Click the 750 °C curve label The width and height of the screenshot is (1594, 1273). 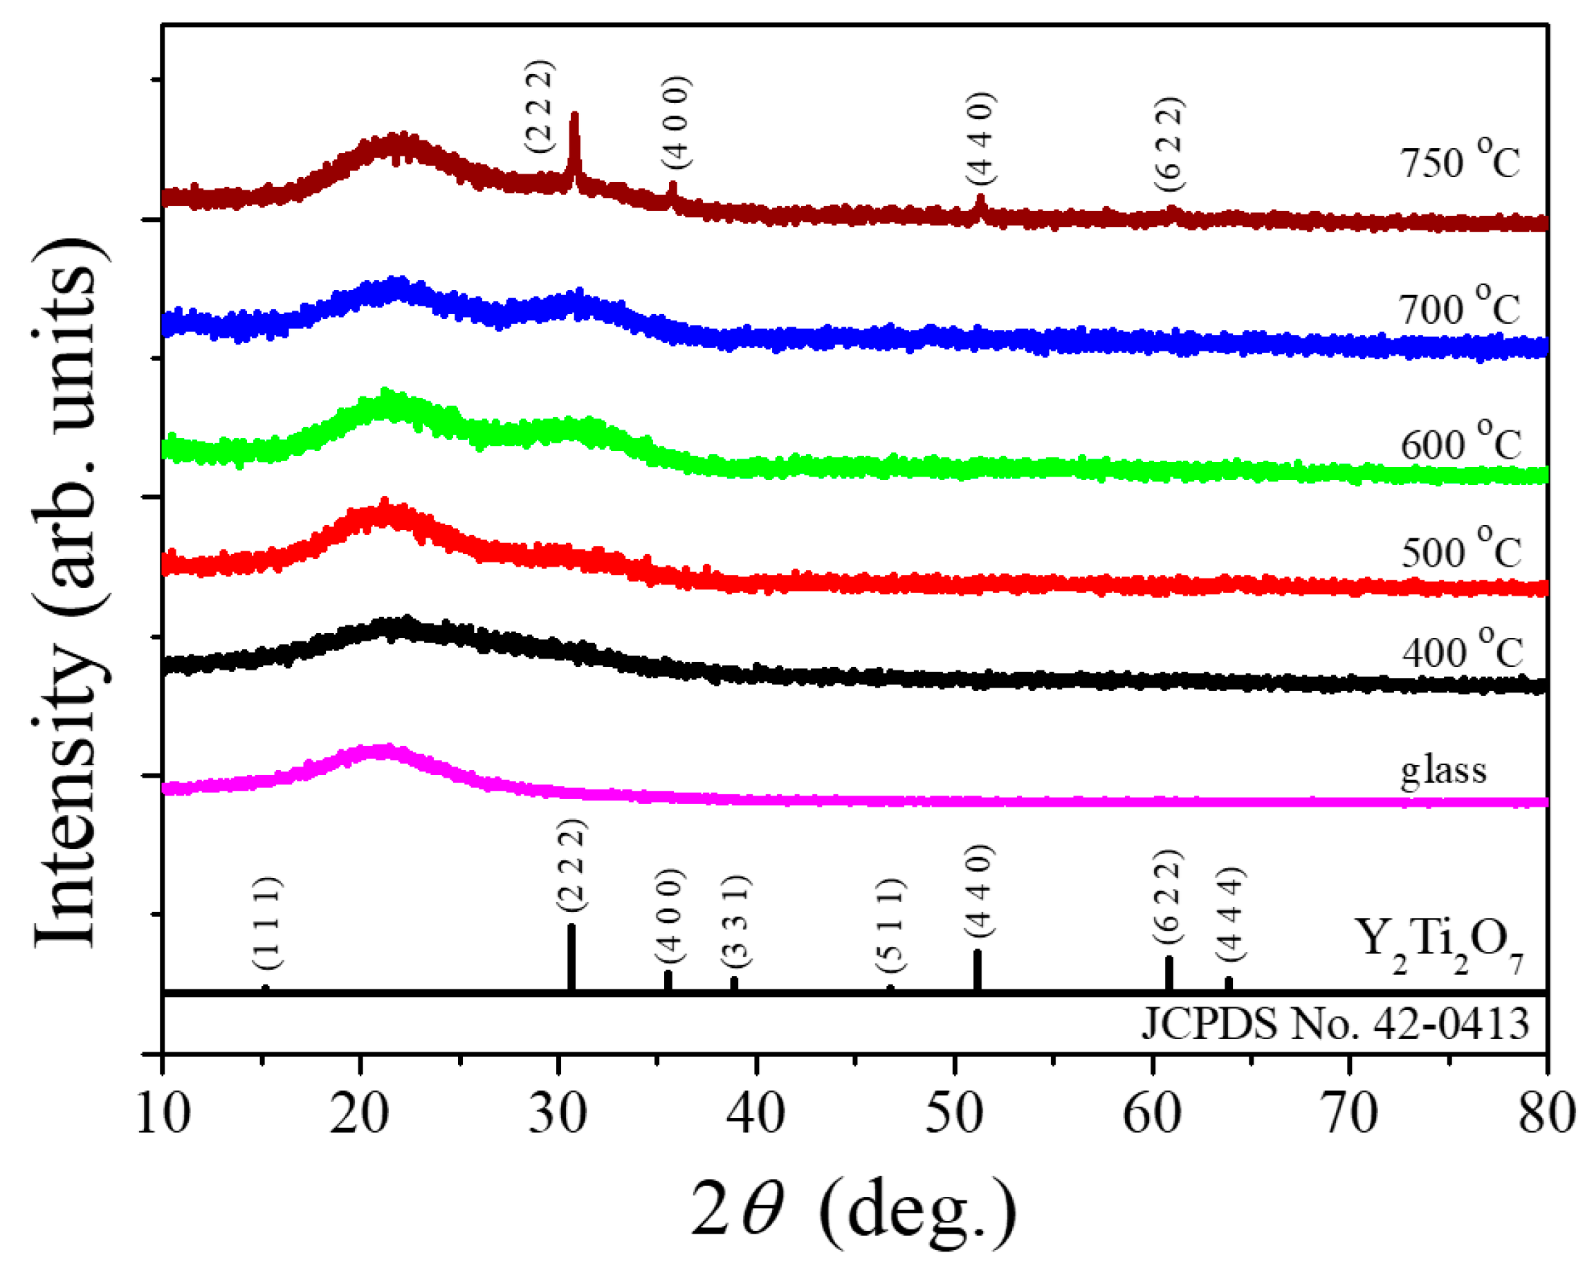1460,160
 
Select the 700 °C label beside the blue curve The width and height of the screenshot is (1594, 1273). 1460,305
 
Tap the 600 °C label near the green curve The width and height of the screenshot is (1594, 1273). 1460,441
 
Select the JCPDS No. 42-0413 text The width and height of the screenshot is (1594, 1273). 1335,1025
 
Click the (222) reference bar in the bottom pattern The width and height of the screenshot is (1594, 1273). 571,958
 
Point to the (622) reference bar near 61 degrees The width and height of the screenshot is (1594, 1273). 1169,973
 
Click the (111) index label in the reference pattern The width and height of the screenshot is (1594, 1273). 266,923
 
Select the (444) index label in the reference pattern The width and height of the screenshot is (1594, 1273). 1231,915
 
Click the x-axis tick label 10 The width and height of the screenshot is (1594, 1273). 163,1115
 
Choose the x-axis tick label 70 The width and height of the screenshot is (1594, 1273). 1350,1115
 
